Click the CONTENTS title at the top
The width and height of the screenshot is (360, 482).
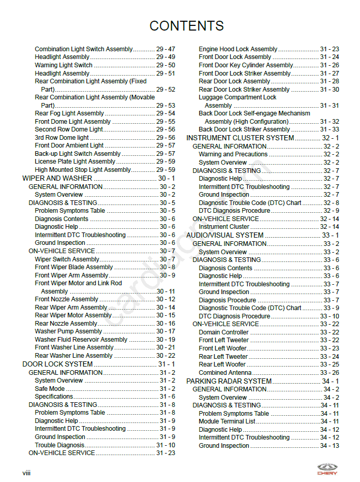[186, 26]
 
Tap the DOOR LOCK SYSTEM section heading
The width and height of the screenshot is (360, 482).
[57, 364]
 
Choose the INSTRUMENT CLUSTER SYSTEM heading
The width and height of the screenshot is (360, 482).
[240, 138]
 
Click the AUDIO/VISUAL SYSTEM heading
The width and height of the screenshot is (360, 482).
[225, 235]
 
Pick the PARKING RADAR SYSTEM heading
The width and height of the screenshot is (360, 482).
[229, 381]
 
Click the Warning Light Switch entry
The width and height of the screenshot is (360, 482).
[64, 65]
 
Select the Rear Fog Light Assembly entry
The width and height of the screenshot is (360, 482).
[69, 113]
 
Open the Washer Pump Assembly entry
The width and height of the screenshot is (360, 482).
[68, 331]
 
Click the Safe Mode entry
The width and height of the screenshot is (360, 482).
[50, 389]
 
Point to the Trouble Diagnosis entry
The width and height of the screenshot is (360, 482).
[59, 445]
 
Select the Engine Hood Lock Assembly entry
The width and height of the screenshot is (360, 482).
[238, 49]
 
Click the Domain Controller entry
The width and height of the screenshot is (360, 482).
[223, 332]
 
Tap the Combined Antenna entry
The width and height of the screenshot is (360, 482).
[225, 373]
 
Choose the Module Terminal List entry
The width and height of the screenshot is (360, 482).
[227, 421]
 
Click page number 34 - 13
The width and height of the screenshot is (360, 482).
[329, 446]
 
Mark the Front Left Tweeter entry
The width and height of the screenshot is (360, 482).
[223, 340]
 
